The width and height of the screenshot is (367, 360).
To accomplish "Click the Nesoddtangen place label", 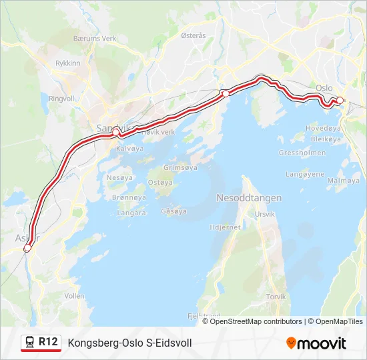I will pyautogui.click(x=249, y=198).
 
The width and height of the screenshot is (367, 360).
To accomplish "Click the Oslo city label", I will pyautogui.click(x=324, y=87).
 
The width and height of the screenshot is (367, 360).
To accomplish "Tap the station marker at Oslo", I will pyautogui.click(x=340, y=101).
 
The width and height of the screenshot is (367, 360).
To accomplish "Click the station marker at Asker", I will pyautogui.click(x=27, y=248).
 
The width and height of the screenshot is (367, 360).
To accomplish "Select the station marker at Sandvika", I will pyautogui.click(x=115, y=132).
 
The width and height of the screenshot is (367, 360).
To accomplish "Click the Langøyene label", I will pyautogui.click(x=304, y=174).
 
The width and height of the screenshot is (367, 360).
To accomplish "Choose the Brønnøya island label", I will pyautogui.click(x=129, y=198).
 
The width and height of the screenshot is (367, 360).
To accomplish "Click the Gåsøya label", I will pyautogui.click(x=173, y=211).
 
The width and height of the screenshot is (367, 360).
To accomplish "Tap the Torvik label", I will pyautogui.click(x=276, y=296).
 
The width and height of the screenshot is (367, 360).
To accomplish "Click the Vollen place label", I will pyautogui.click(x=75, y=295).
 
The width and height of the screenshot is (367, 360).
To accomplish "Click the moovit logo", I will pyautogui.click(x=316, y=343).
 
